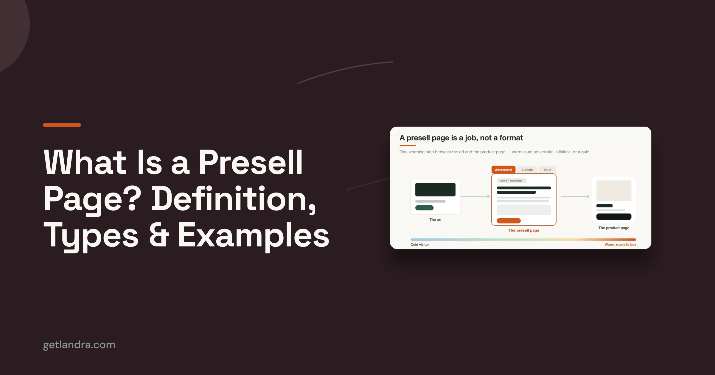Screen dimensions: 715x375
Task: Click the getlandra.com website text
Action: [79, 345]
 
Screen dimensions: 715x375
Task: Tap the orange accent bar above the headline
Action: [62, 125]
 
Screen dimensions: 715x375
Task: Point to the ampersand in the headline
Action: [159, 235]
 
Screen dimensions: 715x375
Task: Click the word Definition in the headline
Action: [234, 199]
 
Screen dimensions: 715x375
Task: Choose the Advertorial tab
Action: [503, 170]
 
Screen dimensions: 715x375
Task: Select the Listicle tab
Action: [527, 170]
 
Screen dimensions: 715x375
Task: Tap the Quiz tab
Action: [548, 170]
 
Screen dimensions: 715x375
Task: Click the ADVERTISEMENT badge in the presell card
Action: [512, 181]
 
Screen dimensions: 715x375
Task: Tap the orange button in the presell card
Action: [509, 221]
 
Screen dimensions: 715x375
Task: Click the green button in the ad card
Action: [424, 208]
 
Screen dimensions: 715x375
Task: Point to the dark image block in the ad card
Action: [435, 190]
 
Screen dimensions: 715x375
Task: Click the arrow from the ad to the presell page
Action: [475, 196]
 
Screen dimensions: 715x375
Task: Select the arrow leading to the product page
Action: [575, 196]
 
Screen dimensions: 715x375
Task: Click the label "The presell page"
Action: [524, 230]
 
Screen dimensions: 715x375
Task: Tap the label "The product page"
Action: [614, 228]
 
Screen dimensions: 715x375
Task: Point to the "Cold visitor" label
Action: [420, 245]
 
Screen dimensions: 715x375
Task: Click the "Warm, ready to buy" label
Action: [620, 245]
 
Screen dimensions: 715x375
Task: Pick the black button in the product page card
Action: [614, 217]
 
